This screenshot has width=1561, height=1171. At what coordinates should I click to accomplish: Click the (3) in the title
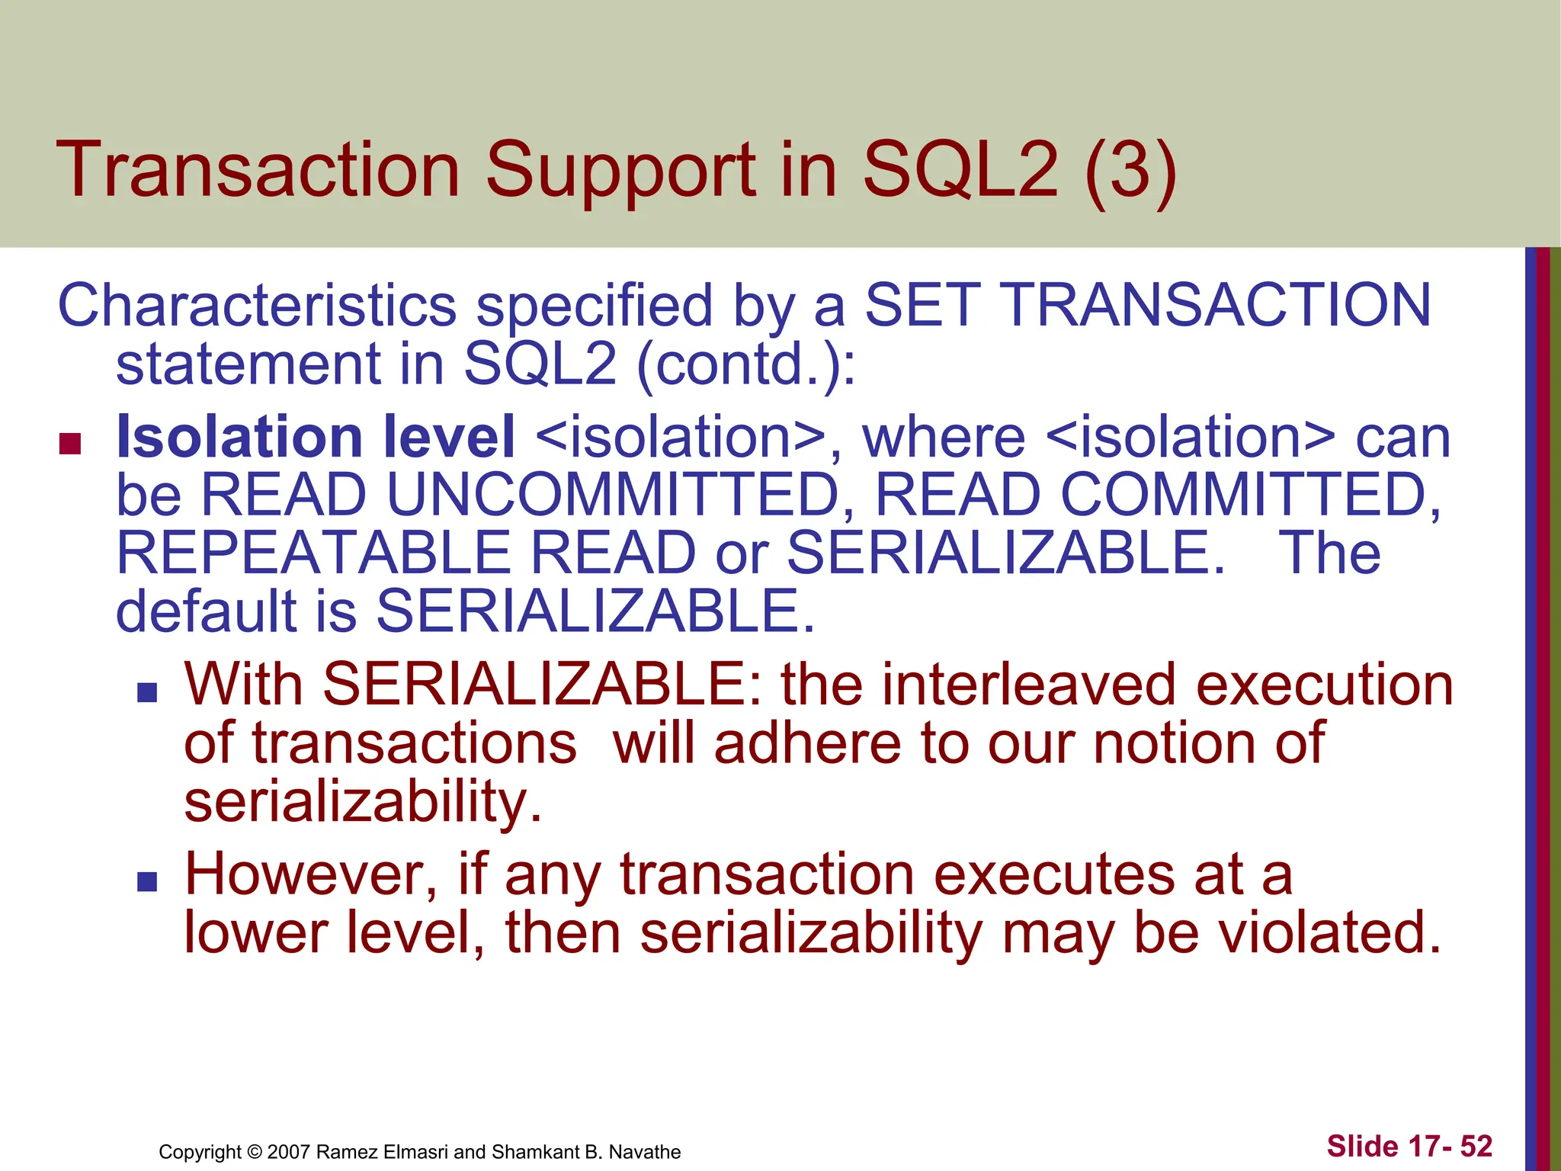tap(1130, 171)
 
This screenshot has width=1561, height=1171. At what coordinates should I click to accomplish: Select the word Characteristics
tap(257, 306)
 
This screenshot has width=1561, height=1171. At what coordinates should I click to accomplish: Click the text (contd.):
tap(745, 364)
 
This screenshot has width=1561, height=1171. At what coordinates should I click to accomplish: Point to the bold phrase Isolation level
tap(315, 438)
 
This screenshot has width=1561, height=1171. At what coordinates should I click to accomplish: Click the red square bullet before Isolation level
tap(70, 444)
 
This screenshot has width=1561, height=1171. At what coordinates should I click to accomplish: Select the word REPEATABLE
tap(313, 553)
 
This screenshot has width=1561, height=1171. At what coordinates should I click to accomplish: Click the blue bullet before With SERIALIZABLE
tap(147, 692)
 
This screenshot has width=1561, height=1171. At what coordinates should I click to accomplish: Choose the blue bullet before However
tap(147, 882)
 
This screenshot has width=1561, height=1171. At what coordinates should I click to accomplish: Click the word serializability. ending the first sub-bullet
tap(363, 801)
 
